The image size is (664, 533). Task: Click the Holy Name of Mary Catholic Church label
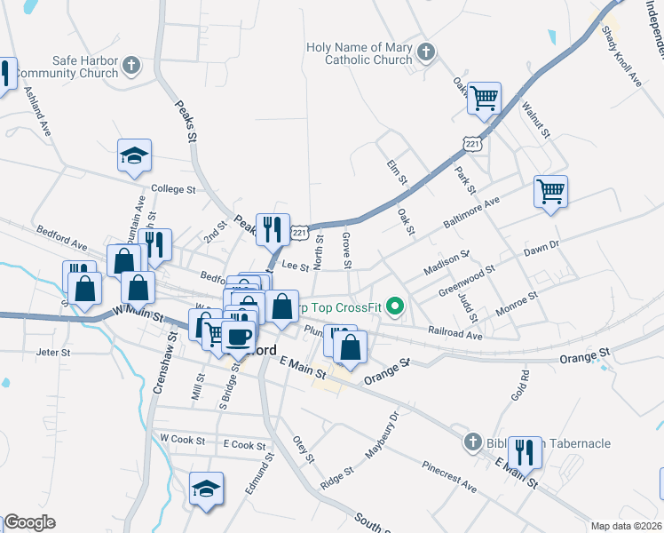pyautogui.click(x=360, y=54)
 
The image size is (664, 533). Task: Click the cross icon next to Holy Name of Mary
pyautogui.click(x=425, y=52)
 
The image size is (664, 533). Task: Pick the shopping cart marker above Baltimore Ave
pyautogui.click(x=550, y=190)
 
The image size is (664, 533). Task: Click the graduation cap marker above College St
pyautogui.click(x=134, y=156)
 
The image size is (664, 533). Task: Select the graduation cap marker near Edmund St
pyautogui.click(x=206, y=489)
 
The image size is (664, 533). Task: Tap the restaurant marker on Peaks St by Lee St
pyautogui.click(x=273, y=229)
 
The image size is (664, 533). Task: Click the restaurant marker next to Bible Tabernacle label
pyautogui.click(x=526, y=452)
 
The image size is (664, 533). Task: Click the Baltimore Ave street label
pyautogui.click(x=473, y=211)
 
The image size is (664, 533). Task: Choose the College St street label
pyautogui.click(x=173, y=189)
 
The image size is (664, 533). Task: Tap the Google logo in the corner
pyautogui.click(x=29, y=522)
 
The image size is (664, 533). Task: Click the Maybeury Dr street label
pyautogui.click(x=383, y=435)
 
